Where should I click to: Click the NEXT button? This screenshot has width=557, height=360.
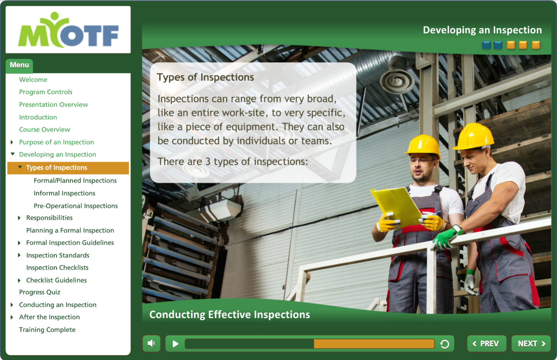[x=531, y=343]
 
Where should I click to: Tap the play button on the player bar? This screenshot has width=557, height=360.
[x=176, y=344]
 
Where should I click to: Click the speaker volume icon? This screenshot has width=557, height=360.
[x=151, y=343]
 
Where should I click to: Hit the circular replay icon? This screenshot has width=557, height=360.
[x=445, y=344]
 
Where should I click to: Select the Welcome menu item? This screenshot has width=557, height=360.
[x=33, y=79]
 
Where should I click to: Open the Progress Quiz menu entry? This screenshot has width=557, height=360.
[x=40, y=292]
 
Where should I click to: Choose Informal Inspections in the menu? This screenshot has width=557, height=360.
[x=64, y=193]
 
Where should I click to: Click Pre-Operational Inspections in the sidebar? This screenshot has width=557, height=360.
[x=76, y=206]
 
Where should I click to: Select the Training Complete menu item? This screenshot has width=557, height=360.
[x=47, y=330]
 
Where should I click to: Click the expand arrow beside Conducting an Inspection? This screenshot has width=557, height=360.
[x=12, y=305]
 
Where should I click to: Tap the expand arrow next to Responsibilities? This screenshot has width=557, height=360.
[x=19, y=218]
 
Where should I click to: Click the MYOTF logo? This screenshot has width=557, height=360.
[x=68, y=30]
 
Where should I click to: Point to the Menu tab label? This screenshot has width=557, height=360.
[x=19, y=65]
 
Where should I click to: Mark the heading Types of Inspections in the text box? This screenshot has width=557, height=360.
[x=206, y=77]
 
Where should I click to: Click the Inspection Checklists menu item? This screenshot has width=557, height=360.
[x=57, y=268]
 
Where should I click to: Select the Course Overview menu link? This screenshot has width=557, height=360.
[x=45, y=130]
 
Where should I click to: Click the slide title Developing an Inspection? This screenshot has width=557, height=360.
[x=482, y=30]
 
